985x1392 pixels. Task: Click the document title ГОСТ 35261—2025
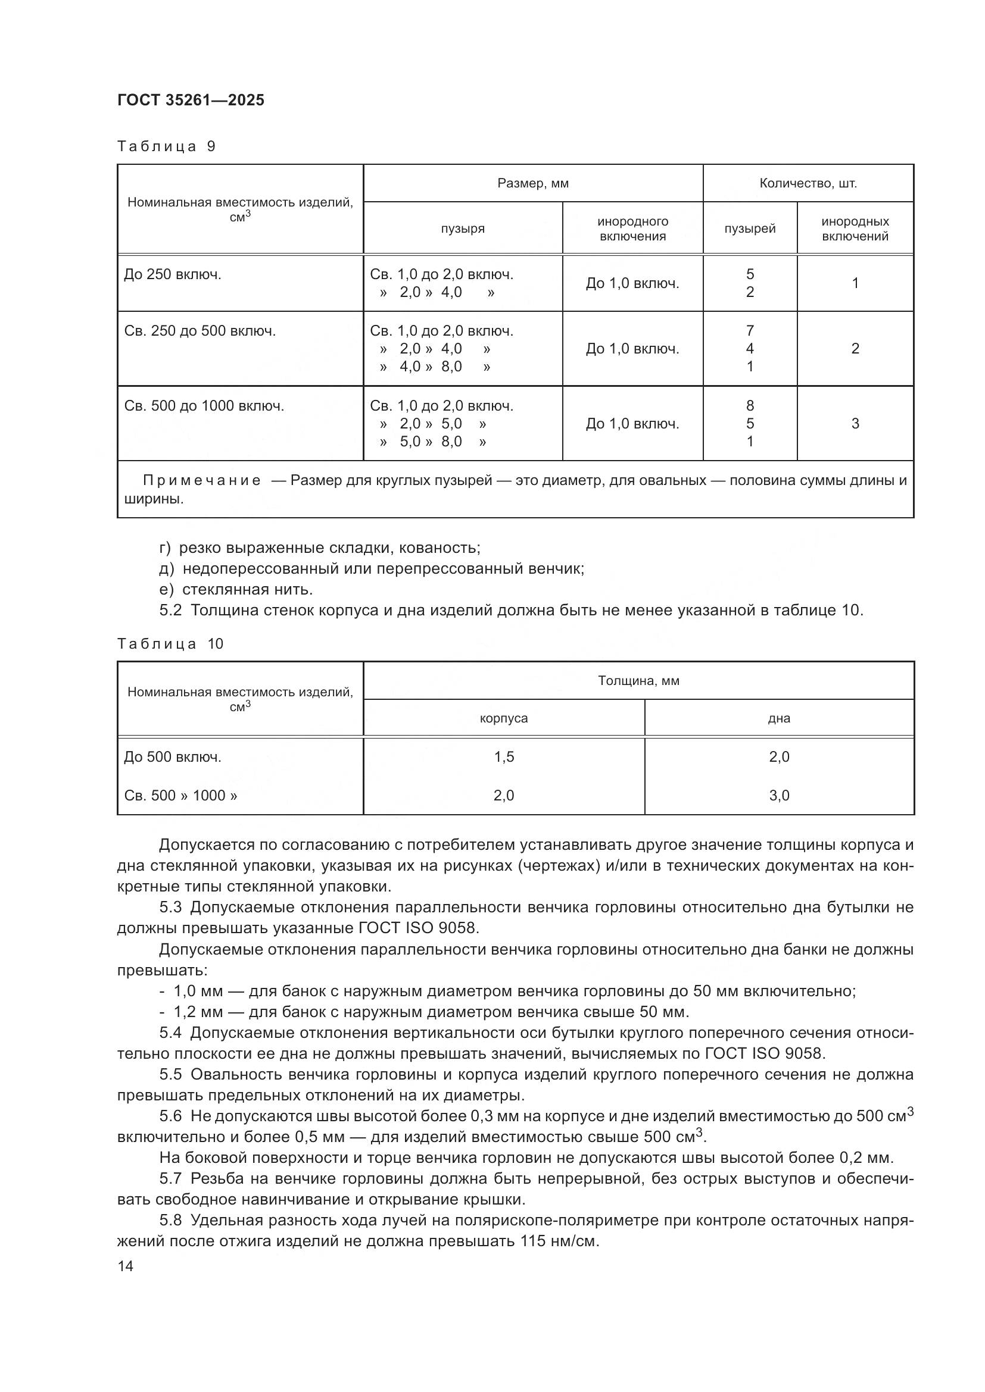[x=191, y=100]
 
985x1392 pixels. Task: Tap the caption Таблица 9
[x=166, y=146]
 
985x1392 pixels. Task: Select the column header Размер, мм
[x=532, y=183]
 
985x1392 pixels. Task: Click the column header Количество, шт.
[x=808, y=183]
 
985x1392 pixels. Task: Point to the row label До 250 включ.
[x=172, y=274]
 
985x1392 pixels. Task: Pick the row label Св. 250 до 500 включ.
[x=200, y=331]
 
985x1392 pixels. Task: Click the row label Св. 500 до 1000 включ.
[x=204, y=406]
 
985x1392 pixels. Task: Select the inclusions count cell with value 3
[x=855, y=423]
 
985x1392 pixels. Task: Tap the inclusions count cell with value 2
[x=855, y=349]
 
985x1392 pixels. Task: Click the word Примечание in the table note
[x=201, y=480]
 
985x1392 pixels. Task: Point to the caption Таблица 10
[x=170, y=644]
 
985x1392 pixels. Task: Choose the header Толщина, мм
[x=638, y=681]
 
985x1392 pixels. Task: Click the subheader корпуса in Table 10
[x=503, y=718]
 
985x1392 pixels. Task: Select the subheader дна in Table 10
[x=779, y=718]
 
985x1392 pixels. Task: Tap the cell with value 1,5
[x=503, y=756]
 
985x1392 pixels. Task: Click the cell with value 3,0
[x=779, y=796]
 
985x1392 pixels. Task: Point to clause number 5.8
[x=170, y=1220]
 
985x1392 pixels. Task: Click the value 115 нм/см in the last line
[x=559, y=1241]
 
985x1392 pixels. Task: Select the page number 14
[x=126, y=1266]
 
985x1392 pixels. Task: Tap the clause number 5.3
[x=170, y=908]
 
